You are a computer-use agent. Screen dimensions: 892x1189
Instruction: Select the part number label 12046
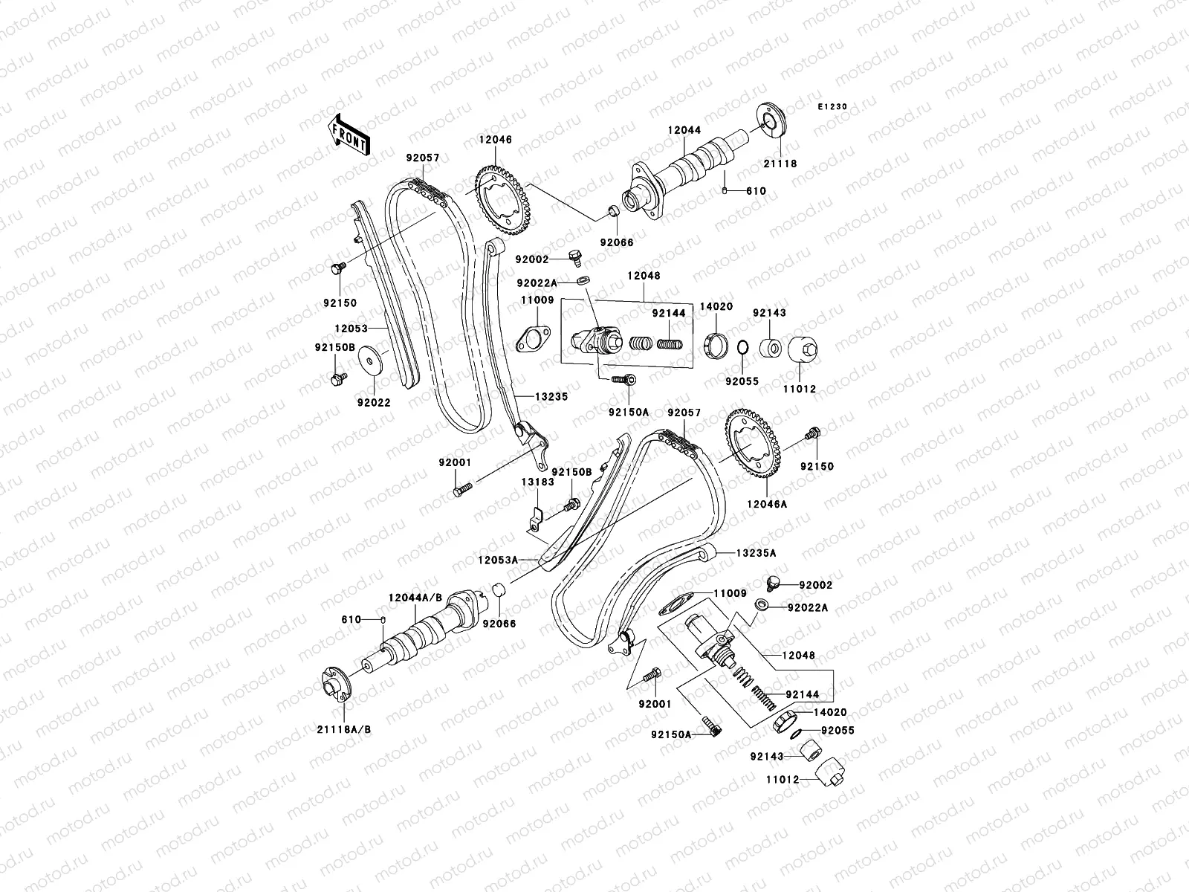pyautogui.click(x=516, y=140)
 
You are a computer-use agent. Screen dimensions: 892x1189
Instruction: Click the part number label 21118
pyautogui.click(x=779, y=164)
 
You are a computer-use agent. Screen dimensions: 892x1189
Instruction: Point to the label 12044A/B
pyautogui.click(x=415, y=598)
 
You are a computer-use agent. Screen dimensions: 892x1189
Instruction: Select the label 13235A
pyautogui.click(x=756, y=553)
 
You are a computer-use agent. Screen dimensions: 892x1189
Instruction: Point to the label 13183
pyautogui.click(x=537, y=482)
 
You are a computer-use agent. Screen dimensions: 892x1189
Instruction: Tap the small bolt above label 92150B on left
pyautogui.click(x=335, y=380)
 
